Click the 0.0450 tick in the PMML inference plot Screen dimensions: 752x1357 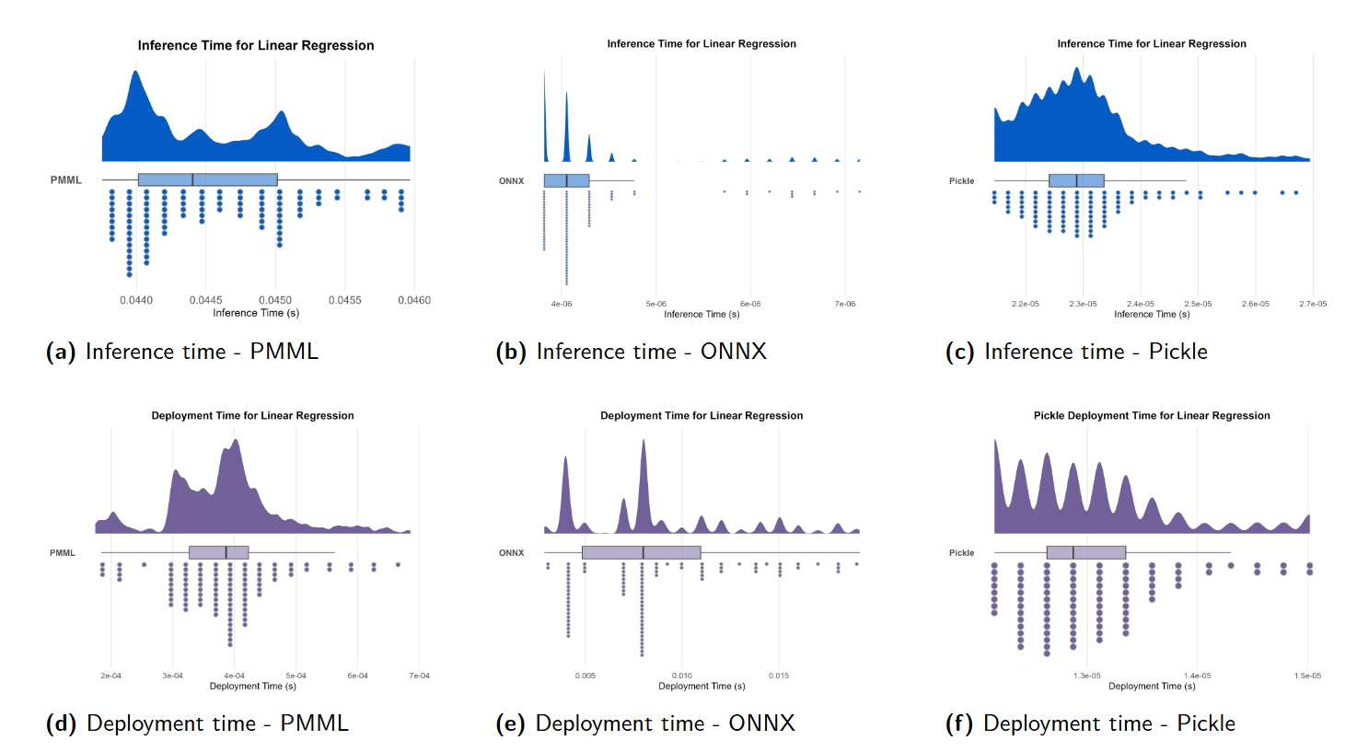tap(275, 300)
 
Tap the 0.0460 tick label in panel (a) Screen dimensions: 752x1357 tap(414, 300)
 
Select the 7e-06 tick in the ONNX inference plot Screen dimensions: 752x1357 tap(845, 304)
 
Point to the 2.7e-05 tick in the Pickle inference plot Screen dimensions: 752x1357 tap(1313, 304)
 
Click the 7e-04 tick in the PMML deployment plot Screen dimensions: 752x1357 tap(419, 676)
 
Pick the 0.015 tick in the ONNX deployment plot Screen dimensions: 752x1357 tap(779, 676)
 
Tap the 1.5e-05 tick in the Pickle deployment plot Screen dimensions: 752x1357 tap(1307, 676)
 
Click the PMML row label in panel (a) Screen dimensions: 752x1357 tap(66, 180)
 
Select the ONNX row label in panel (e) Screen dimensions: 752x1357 tap(512, 553)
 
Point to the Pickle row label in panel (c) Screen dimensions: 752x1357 tap(962, 181)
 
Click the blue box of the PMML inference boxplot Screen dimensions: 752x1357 tap(207, 179)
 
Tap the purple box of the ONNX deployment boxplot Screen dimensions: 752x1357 tap(641, 552)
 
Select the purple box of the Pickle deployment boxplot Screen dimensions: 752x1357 tap(1086, 552)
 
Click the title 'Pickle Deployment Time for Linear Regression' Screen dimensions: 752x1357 tap(1152, 416)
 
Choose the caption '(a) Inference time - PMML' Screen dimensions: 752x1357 tap(182, 352)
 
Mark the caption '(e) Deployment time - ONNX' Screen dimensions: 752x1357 tap(645, 723)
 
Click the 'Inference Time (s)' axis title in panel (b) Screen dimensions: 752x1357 tap(702, 315)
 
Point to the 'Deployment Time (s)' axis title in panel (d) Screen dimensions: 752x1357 tap(253, 687)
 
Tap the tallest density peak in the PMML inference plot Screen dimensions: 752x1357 tap(137, 74)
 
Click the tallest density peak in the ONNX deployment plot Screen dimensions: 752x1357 tap(644, 443)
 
